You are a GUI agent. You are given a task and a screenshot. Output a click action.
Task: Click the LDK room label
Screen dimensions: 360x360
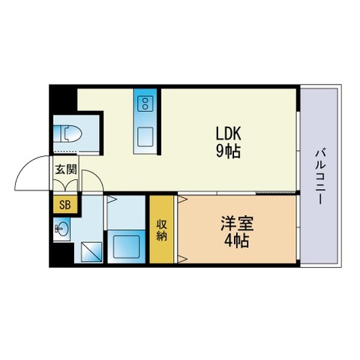(229, 133)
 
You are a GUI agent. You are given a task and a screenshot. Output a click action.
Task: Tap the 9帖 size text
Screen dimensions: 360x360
(229, 151)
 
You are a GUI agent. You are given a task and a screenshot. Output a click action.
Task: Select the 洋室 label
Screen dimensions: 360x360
(237, 223)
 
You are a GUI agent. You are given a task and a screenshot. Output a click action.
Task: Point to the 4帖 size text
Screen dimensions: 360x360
(236, 241)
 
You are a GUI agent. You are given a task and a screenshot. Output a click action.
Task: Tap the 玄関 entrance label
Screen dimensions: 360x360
(66, 169)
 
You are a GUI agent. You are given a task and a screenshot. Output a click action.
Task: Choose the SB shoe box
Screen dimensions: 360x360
(65, 205)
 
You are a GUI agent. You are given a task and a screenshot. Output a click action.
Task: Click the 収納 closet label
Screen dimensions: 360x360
(161, 230)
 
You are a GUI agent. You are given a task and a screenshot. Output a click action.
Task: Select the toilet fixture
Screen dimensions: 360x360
(67, 133)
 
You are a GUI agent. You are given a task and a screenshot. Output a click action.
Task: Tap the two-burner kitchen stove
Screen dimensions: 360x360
(145, 103)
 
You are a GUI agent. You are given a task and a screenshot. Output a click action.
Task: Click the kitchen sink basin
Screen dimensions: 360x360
(145, 137)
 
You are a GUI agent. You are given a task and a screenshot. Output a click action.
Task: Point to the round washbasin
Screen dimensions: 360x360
(63, 228)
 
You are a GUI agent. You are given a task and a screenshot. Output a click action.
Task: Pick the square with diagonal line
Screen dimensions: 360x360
(91, 252)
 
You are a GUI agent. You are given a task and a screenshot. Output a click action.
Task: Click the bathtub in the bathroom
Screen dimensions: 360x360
(127, 247)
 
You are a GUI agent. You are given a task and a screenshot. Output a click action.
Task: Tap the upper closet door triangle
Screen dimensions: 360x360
(183, 199)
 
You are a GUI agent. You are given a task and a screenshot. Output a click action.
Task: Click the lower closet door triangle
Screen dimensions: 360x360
(183, 259)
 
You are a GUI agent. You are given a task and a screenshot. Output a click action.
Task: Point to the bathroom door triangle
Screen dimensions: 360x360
(112, 199)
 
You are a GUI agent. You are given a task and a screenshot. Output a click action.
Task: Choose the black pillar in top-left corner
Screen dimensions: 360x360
(63, 100)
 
